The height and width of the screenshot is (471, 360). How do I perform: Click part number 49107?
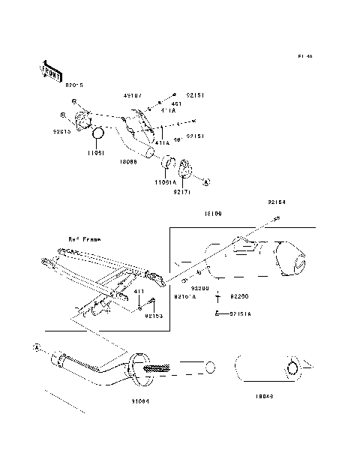tap(132, 96)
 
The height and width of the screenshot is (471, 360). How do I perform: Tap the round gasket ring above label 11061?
tap(97, 135)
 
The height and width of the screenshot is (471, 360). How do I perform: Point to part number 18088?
tap(127, 160)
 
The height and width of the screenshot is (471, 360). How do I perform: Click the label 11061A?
tap(166, 181)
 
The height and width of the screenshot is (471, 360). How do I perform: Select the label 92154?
tap(277, 202)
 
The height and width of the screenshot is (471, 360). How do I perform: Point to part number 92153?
tap(154, 316)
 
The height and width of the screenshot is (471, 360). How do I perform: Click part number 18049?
tap(264, 396)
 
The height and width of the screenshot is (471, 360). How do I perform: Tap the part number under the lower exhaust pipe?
tap(139, 401)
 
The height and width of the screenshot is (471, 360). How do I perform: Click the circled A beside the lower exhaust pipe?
tap(35, 347)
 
